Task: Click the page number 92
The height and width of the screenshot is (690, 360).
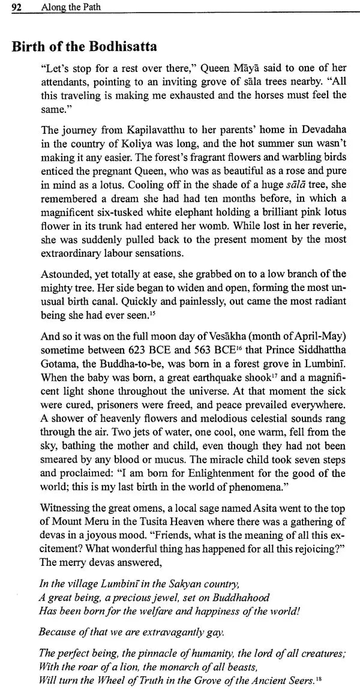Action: tap(17, 7)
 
